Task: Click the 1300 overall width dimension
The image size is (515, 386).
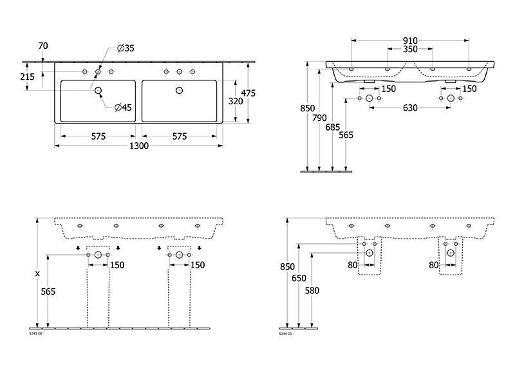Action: (139, 146)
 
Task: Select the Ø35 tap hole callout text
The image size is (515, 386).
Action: (126, 48)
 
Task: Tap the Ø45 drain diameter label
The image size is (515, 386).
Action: (123, 107)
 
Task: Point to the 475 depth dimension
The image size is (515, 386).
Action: (248, 93)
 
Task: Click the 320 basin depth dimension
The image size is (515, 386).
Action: (236, 101)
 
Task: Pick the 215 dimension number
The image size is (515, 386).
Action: (27, 77)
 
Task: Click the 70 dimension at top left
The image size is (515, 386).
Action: (43, 46)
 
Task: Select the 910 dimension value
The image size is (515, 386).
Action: (410, 41)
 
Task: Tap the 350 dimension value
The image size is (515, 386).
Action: (410, 50)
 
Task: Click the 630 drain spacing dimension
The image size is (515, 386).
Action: (410, 108)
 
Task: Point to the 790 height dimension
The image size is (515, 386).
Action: (319, 118)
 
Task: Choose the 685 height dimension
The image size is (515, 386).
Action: (333, 127)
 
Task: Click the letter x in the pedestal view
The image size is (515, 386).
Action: (37, 273)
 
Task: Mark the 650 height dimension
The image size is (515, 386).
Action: (299, 279)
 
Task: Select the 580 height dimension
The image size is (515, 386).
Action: (312, 291)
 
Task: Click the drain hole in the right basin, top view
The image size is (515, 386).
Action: (180, 91)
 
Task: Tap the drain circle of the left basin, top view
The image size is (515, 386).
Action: (98, 91)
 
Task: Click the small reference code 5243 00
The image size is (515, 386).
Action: (36, 333)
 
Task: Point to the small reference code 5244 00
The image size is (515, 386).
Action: (285, 333)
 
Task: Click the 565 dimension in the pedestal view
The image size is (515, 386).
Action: (48, 291)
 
